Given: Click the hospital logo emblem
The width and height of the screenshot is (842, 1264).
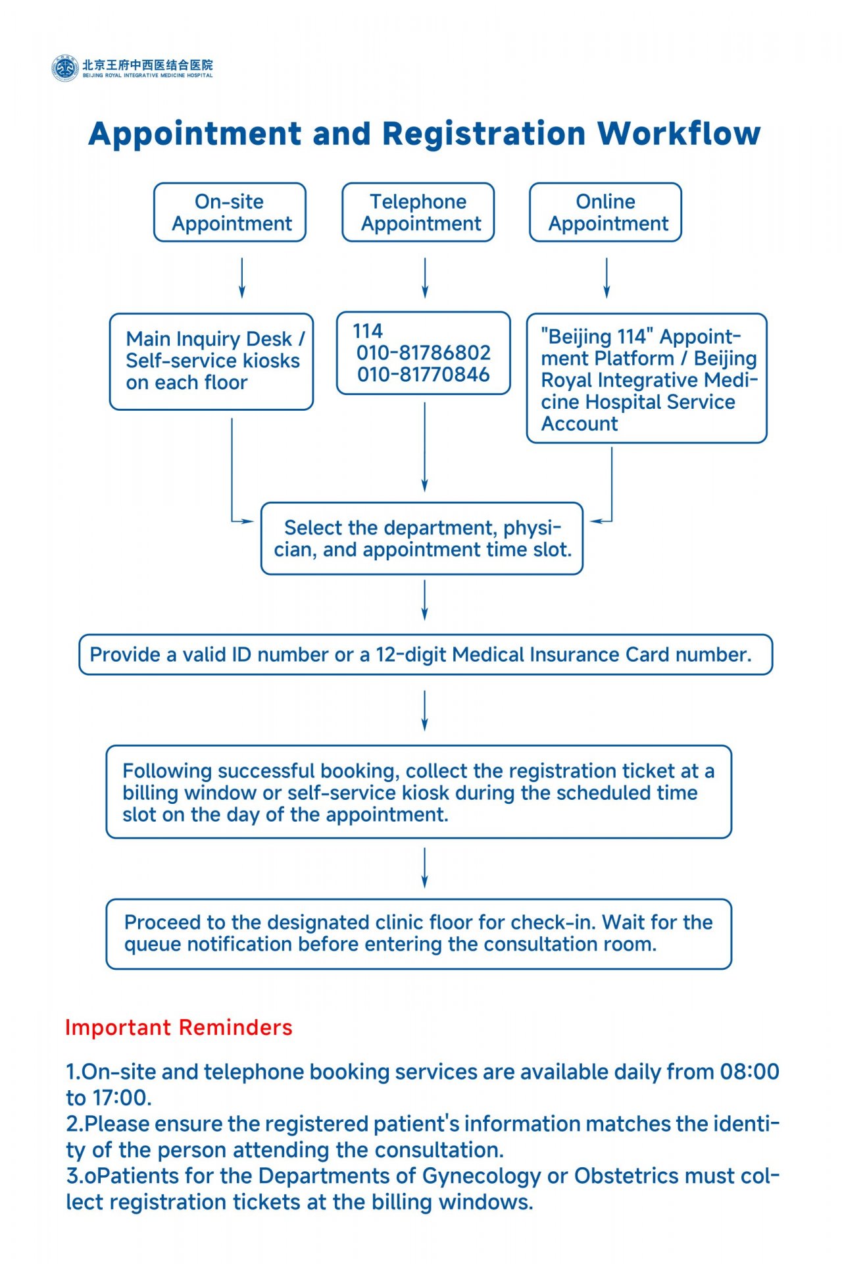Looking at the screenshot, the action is (x=64, y=68).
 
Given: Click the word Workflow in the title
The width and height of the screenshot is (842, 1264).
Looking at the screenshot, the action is (x=679, y=134).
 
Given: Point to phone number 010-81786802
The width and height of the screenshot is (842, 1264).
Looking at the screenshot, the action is (x=424, y=353).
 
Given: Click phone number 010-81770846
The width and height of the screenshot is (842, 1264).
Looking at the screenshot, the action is (x=424, y=375).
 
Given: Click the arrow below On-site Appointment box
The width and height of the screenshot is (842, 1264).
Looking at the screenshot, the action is (x=242, y=278).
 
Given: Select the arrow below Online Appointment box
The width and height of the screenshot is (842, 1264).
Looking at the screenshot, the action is (x=607, y=278).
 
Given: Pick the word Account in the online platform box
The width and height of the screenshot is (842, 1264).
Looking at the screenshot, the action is (x=580, y=424).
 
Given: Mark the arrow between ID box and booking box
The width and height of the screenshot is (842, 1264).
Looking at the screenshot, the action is (x=424, y=710).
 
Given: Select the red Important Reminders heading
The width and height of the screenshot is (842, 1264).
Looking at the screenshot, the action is (x=179, y=1028).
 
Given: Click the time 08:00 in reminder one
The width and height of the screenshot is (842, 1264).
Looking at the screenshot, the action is (x=749, y=1072).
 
